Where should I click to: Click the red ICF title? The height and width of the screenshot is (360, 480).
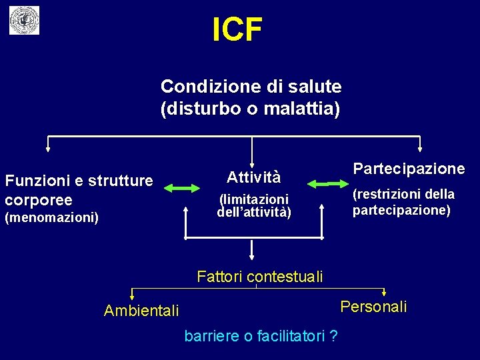point(237,29)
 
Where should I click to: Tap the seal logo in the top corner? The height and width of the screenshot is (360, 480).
point(24,21)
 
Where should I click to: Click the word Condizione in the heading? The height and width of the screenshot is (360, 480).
point(203,87)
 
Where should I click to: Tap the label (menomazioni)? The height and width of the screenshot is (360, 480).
point(52,217)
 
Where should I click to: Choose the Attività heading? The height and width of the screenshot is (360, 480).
point(253,177)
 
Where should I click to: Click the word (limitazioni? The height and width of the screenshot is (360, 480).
point(254,199)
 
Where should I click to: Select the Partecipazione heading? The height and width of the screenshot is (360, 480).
point(409,168)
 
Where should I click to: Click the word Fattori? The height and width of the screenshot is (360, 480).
point(221,276)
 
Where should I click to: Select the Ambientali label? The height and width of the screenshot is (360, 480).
point(141,311)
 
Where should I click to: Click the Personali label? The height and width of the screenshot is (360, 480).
point(373,307)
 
